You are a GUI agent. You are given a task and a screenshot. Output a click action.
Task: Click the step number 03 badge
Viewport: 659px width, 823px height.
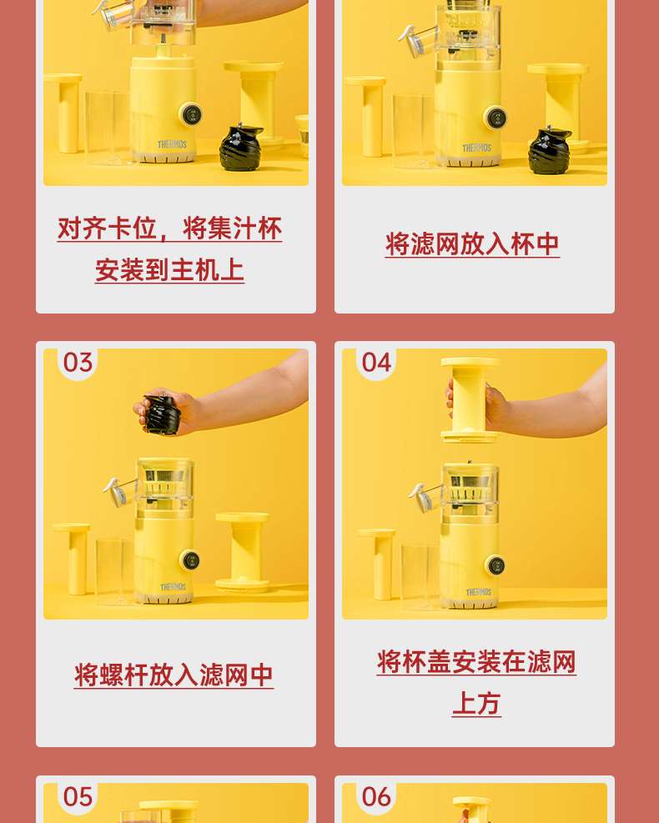[x=78, y=363]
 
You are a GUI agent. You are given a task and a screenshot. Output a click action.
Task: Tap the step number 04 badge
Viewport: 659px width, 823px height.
[x=376, y=363]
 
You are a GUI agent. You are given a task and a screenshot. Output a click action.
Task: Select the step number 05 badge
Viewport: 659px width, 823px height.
[x=78, y=797]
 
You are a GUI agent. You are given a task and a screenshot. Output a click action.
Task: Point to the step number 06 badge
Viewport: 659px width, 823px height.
[x=376, y=797]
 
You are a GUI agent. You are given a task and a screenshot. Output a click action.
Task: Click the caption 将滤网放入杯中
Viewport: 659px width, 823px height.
[x=472, y=244]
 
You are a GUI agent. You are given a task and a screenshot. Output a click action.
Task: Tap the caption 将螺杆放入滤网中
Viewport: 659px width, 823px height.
[x=174, y=675]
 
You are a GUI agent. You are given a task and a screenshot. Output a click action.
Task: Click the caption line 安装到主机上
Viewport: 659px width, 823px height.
[x=169, y=270]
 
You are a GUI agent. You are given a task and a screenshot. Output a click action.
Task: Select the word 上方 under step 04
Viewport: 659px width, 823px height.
[x=476, y=703]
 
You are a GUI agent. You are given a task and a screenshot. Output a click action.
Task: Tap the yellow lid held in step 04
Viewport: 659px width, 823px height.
[x=470, y=399]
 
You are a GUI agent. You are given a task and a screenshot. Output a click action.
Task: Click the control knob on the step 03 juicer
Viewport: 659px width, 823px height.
[x=190, y=560]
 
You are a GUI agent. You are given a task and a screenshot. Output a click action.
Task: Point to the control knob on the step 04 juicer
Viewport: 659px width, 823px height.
[x=496, y=565]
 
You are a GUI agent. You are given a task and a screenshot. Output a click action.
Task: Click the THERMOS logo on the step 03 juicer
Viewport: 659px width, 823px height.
[x=174, y=586]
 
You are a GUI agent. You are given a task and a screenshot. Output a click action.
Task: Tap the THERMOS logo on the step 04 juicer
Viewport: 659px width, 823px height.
[x=478, y=592]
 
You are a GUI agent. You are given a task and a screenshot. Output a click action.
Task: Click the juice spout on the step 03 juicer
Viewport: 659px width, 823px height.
[x=120, y=491]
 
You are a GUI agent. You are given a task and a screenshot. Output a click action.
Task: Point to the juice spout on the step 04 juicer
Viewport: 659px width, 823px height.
[x=425, y=496]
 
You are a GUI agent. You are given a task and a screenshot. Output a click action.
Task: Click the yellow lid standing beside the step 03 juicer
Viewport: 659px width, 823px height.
[x=242, y=551]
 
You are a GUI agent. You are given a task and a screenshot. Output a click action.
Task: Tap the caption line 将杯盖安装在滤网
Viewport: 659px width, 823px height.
[x=476, y=662]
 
